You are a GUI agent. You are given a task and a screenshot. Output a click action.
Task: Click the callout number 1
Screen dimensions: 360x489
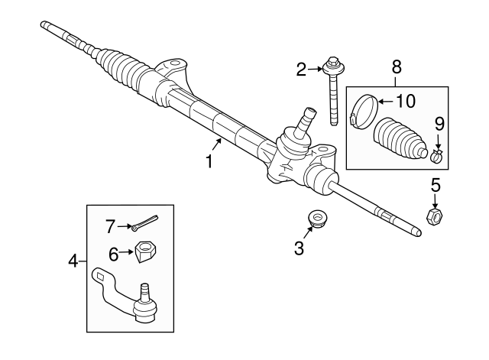(208, 161)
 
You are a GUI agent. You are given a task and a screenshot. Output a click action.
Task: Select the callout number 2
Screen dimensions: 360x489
(302, 70)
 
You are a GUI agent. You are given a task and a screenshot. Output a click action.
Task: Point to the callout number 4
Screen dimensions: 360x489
(73, 261)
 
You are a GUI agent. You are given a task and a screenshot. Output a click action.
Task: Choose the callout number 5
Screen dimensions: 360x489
(436, 185)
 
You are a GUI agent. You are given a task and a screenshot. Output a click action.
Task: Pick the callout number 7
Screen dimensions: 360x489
(111, 225)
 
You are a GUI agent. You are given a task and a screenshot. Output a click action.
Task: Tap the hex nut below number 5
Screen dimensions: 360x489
(432, 218)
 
